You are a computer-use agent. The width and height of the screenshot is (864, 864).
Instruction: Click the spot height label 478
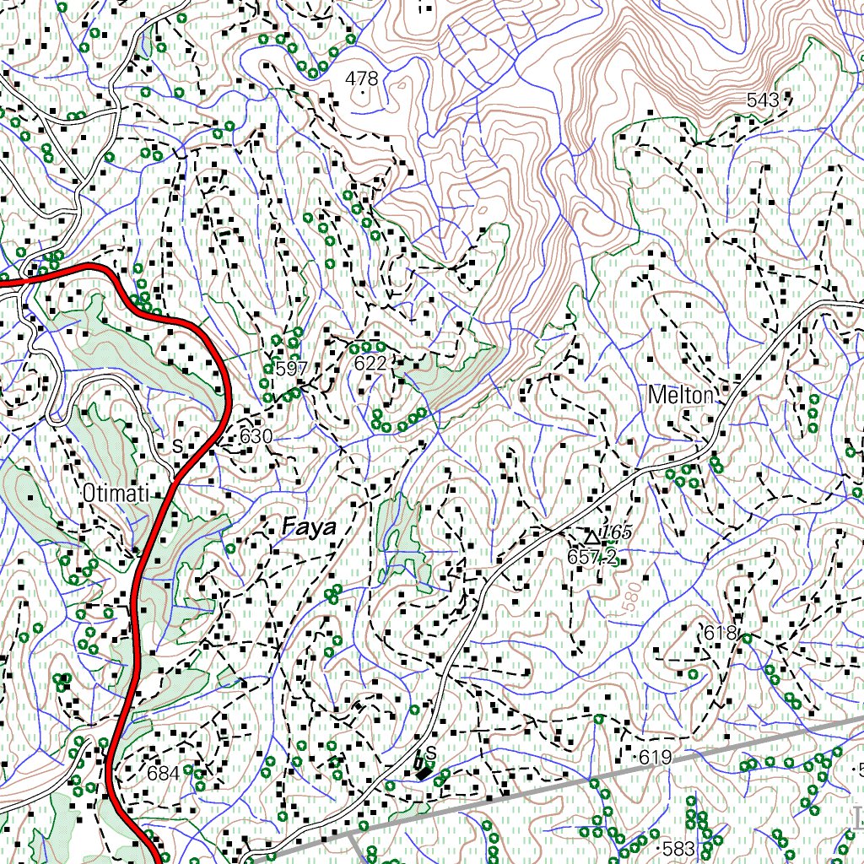click(x=363, y=78)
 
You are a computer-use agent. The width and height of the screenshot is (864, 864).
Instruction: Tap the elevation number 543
click(x=763, y=100)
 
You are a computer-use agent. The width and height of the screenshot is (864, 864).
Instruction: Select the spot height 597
click(x=292, y=369)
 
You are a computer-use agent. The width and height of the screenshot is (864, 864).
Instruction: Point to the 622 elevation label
click(x=370, y=364)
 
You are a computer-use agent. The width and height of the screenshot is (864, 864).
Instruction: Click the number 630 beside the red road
click(x=256, y=436)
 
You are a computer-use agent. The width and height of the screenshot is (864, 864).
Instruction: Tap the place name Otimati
click(x=116, y=492)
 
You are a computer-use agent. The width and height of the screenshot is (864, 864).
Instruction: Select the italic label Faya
click(x=309, y=528)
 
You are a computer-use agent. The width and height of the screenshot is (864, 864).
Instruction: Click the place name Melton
click(x=681, y=394)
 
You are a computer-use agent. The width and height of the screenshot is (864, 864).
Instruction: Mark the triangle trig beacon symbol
click(x=592, y=537)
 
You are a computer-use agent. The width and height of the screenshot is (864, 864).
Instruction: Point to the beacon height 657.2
click(x=592, y=557)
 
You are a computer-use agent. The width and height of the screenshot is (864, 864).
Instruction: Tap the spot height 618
click(x=721, y=633)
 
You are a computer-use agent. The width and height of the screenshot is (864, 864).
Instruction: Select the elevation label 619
click(x=655, y=758)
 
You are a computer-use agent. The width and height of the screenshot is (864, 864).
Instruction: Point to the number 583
click(x=678, y=848)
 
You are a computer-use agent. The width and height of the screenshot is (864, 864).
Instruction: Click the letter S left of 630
click(x=177, y=445)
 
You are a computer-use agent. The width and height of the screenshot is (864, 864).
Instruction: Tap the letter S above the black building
click(x=430, y=752)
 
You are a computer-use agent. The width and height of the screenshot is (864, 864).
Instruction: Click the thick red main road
click(x=136, y=591)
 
